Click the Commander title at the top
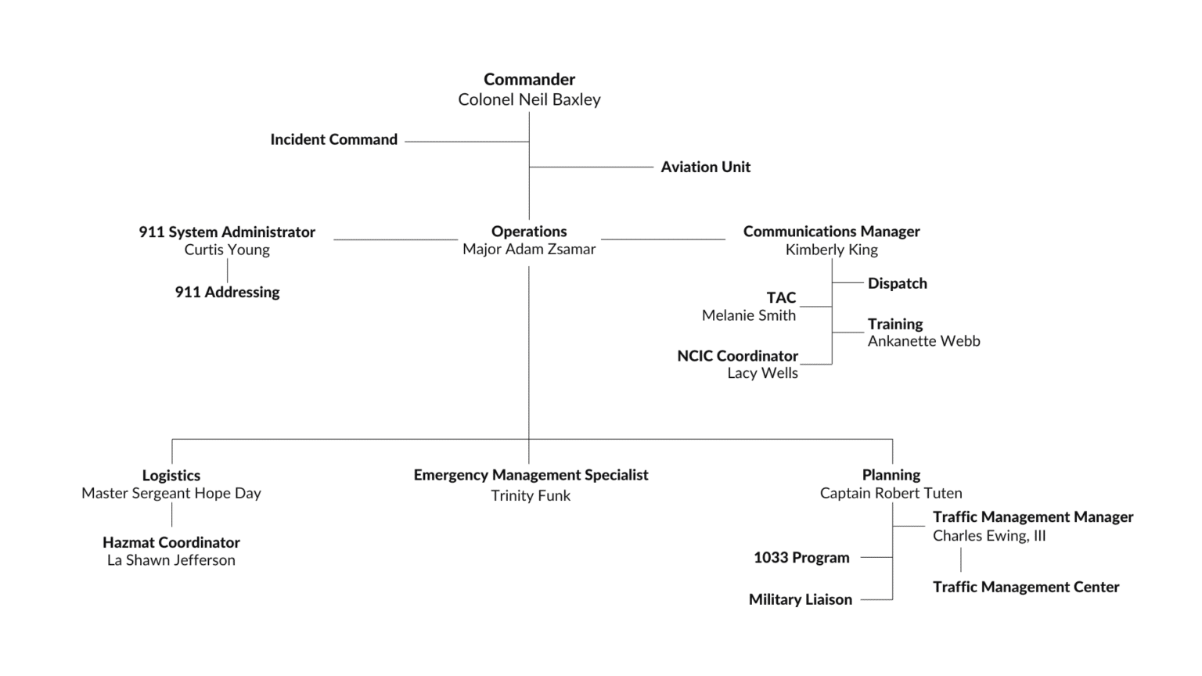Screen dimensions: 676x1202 pos(529,79)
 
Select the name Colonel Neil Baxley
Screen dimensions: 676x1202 pos(529,99)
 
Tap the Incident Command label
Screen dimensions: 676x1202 pos(333,139)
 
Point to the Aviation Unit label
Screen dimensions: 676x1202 pos(705,167)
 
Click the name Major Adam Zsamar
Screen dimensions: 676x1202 pos(529,249)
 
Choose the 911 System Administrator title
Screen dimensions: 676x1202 pos(227,232)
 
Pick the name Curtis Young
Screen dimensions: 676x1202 pos(227,250)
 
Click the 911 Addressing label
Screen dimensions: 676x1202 pos(227,292)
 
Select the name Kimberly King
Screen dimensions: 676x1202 pos(831,250)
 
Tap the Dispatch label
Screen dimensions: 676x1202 pos(897,283)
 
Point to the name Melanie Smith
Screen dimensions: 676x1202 pos(748,315)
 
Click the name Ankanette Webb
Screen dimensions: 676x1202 pos(923,341)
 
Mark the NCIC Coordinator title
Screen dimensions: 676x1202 pos(737,356)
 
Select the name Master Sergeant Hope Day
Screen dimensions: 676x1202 pos(171,493)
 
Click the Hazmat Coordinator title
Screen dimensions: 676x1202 pos(171,542)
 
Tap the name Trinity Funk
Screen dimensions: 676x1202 pos(531,495)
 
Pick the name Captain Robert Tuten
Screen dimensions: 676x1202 pos(891,493)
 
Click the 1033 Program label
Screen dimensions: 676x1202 pos(801,557)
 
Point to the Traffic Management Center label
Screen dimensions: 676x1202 pos(1025,587)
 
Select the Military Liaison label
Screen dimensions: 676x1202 pos(800,599)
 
